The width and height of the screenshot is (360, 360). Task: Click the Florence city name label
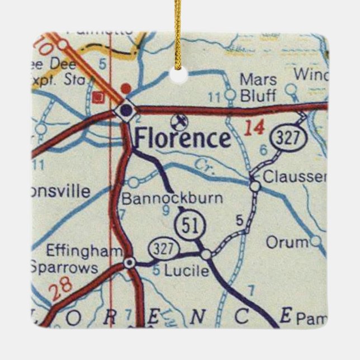tap(182, 139)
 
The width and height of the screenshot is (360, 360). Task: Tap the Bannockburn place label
tap(172, 198)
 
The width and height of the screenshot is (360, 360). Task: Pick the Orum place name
tap(287, 242)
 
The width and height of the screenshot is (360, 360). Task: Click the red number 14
tap(254, 128)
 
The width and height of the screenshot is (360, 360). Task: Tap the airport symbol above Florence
tap(179, 119)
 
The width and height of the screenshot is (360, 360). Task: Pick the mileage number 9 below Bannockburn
tap(165, 211)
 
